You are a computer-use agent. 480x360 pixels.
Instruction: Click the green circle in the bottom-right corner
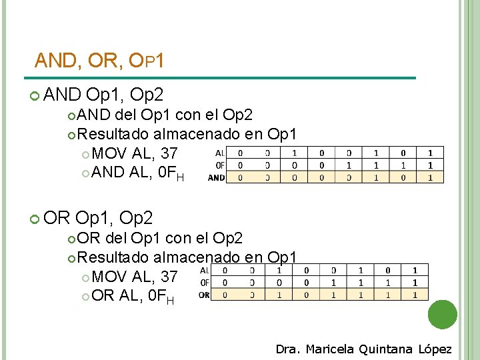click(x=443, y=315)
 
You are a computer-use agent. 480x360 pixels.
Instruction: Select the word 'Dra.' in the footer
click(x=289, y=349)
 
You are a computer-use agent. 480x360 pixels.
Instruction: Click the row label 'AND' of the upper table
click(x=216, y=178)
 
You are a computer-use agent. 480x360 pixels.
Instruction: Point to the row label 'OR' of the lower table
click(x=205, y=295)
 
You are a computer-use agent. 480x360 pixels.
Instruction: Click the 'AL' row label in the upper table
click(x=220, y=152)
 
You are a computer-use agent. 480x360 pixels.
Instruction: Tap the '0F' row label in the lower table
click(x=205, y=283)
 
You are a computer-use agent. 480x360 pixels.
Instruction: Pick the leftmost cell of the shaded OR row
click(x=224, y=295)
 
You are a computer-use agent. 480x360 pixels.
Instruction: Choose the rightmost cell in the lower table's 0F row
click(x=415, y=283)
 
